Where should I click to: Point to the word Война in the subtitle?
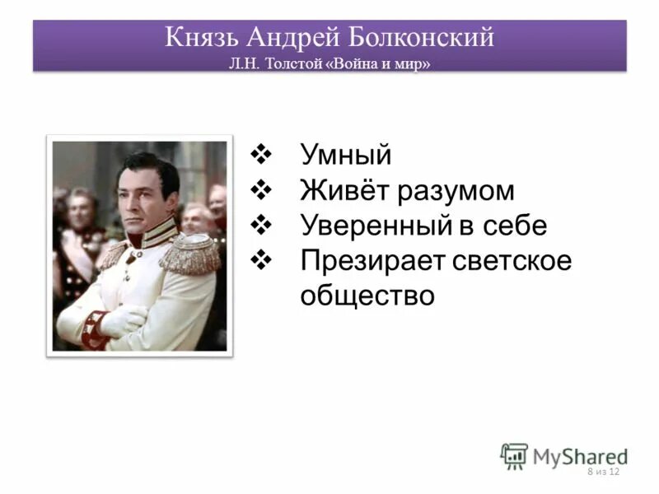pyautogui.click(x=360, y=63)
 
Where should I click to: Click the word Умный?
pyautogui.click(x=345, y=155)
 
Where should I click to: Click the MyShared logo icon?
pyautogui.click(x=515, y=455)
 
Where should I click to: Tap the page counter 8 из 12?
pyautogui.click(x=603, y=472)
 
